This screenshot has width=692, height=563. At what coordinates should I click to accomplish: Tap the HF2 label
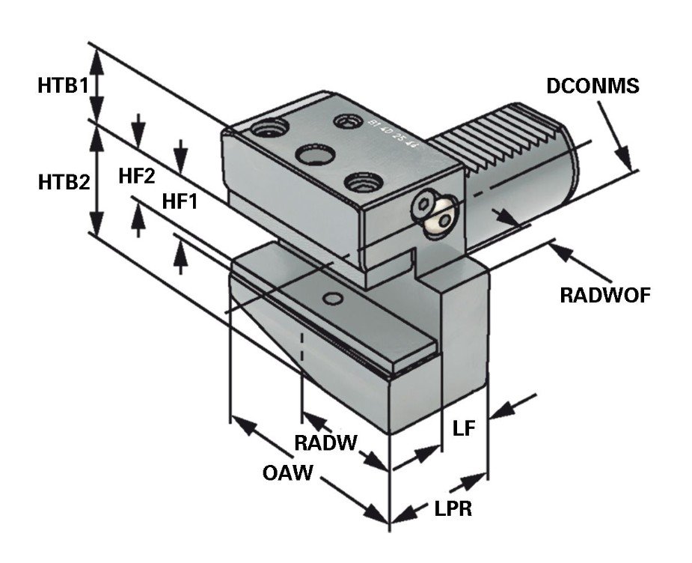coord(136,177)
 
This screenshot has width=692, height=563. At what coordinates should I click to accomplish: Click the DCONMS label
coord(593,86)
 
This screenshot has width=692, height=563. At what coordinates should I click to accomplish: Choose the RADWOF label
coord(605,294)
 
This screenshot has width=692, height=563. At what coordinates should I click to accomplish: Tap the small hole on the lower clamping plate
coord(333,299)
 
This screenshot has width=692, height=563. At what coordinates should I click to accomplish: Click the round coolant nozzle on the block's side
coord(435,216)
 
